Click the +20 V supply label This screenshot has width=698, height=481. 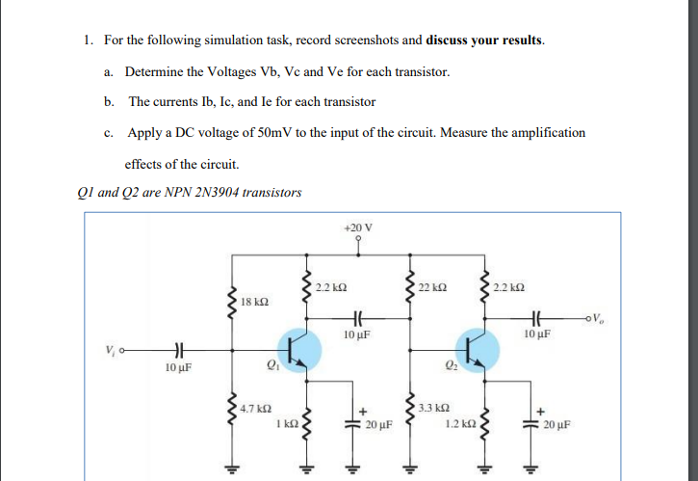tap(357, 227)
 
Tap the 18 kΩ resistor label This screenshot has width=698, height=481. tap(254, 302)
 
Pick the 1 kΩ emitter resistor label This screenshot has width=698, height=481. tap(286, 422)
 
